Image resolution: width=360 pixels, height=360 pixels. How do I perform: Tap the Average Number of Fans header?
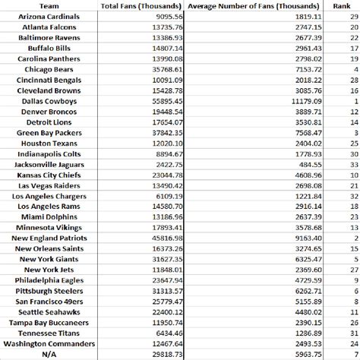[x=254, y=6]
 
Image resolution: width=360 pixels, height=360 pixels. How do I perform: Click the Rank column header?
[x=342, y=6]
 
